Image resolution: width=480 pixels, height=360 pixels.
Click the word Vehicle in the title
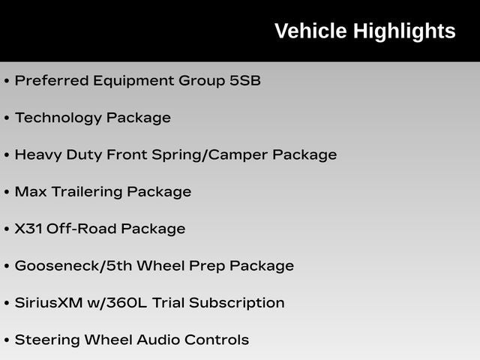310,31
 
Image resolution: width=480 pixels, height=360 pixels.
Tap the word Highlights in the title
405,31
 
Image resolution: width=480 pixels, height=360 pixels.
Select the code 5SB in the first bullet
245,80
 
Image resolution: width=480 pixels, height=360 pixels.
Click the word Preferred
52,80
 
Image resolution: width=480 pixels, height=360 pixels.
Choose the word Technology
58,118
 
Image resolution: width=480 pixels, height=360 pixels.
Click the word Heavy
38,155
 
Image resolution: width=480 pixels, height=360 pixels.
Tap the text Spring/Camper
210,155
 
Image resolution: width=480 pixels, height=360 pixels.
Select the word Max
31,192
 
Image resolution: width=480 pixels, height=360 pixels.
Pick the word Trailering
87,193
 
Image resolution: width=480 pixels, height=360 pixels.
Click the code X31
28,229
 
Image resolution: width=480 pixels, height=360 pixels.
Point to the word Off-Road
82,229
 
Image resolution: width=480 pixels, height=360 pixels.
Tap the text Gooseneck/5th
73,265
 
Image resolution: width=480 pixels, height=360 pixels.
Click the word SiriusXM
49,303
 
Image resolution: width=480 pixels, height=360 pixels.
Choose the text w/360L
117,303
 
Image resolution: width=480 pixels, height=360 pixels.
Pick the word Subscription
237,304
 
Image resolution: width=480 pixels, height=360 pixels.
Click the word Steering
47,340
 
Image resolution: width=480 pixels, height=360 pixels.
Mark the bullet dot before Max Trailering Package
7,192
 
